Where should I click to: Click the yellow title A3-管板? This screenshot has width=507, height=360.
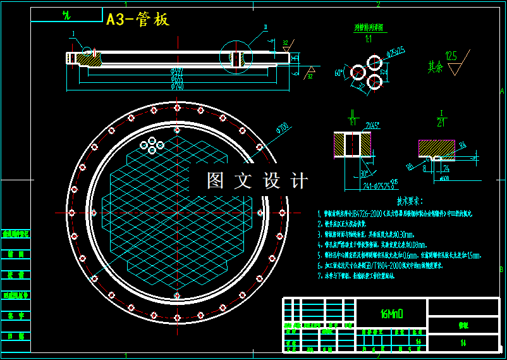point(138,20)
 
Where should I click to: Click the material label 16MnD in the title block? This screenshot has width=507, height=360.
point(392,313)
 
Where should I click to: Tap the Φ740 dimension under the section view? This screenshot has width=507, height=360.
point(177,87)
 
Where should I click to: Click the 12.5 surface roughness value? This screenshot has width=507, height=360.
point(451,56)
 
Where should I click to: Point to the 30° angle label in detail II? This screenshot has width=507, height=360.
point(365,173)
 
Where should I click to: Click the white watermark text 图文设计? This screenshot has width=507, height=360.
point(257,181)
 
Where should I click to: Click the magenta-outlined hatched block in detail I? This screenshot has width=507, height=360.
point(436,148)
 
